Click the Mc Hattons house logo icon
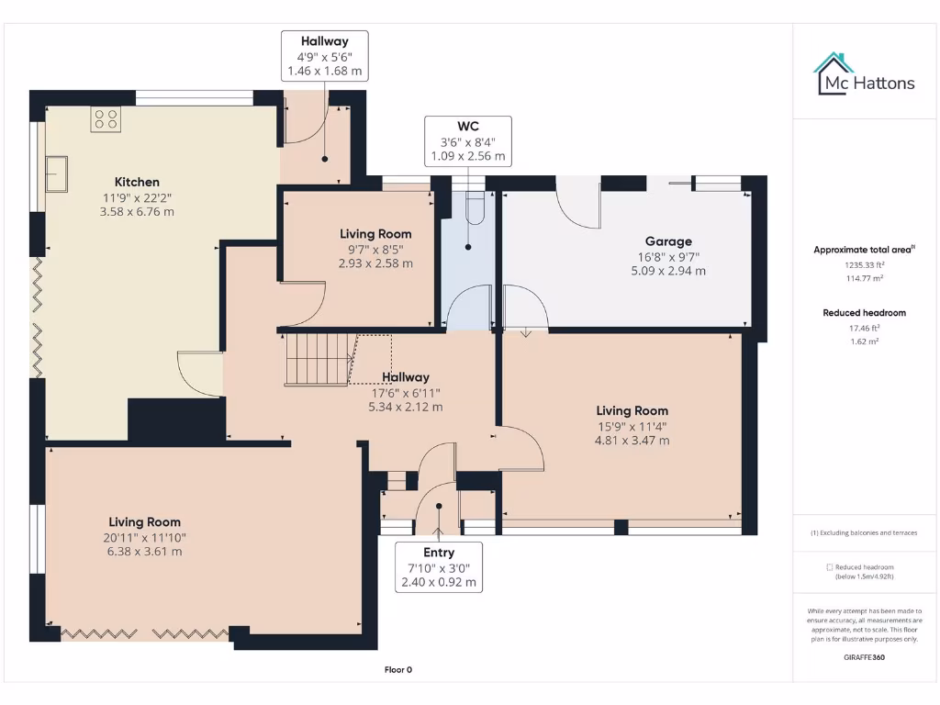(834, 73)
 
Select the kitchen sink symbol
(56, 173)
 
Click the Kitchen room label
(137, 182)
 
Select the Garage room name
(667, 241)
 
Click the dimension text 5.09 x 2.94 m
(667, 271)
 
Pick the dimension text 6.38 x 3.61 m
(143, 552)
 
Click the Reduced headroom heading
(864, 313)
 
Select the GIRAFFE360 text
(864, 657)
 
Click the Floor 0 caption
(397, 670)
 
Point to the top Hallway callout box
(324, 55)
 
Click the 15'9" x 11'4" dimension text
(632, 426)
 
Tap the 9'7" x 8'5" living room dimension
(375, 249)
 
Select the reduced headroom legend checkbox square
(830, 567)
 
